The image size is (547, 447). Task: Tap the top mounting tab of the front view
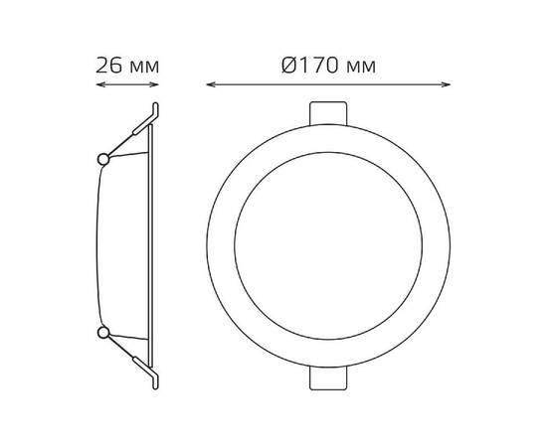pyautogui.click(x=328, y=111)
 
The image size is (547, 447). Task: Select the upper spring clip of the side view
pyautogui.click(x=134, y=130)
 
